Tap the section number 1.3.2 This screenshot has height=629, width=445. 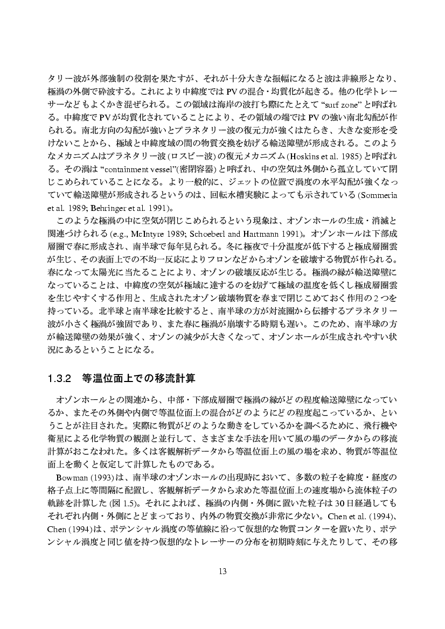(x=60, y=378)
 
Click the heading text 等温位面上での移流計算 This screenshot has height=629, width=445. (x=137, y=378)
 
